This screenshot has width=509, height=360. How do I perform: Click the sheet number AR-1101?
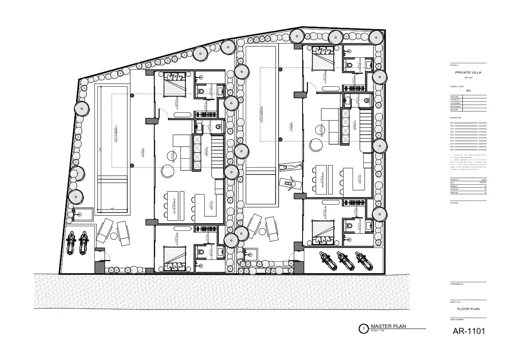pyautogui.click(x=468, y=331)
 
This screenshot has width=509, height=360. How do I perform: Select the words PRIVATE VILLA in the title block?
pyautogui.click(x=468, y=73)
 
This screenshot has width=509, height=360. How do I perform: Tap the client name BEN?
pyautogui.click(x=468, y=91)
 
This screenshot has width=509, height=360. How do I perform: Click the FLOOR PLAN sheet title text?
pyautogui.click(x=468, y=308)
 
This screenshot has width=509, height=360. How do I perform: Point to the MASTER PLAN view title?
pyautogui.click(x=388, y=326)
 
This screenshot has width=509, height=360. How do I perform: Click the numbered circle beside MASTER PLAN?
pyautogui.click(x=363, y=329)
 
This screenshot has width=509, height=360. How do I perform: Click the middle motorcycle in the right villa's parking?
pyautogui.click(x=342, y=260)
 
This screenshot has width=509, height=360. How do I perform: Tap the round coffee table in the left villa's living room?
pyautogui.click(x=167, y=171)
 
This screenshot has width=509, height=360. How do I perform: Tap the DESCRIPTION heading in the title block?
pyautogui.click(x=456, y=118)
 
